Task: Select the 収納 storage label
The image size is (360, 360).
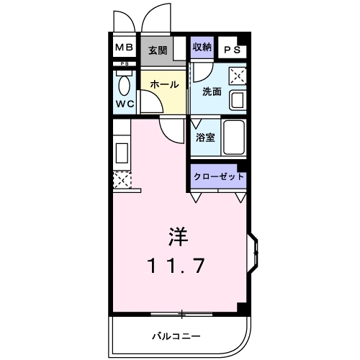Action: [x=202, y=47]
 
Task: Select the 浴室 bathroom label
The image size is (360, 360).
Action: [x=205, y=138]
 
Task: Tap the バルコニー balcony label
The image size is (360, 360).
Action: [x=176, y=336]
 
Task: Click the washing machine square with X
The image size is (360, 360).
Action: [x=238, y=76]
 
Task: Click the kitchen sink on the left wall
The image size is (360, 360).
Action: [x=122, y=154]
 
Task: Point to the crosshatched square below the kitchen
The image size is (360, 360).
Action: [x=122, y=179]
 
